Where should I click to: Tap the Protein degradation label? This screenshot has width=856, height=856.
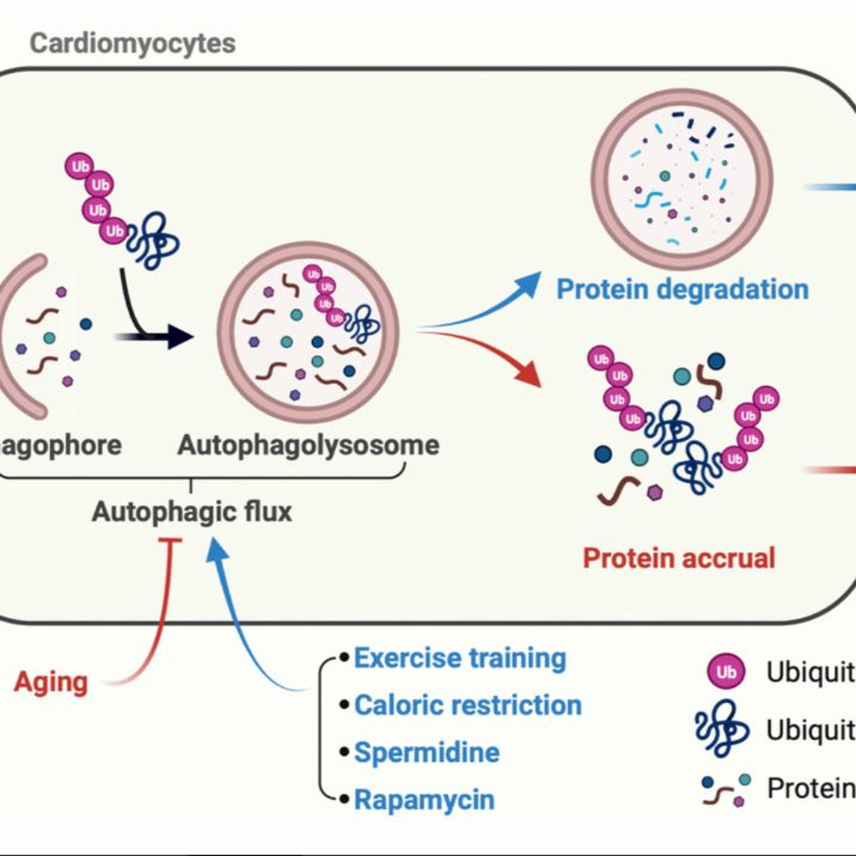click(x=682, y=289)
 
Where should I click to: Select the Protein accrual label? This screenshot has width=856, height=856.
click(x=679, y=558)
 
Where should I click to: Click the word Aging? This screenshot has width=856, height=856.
click(x=51, y=682)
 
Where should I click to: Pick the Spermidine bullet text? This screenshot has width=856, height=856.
click(x=427, y=752)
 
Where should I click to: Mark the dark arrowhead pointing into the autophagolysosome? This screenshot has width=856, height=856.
click(x=181, y=337)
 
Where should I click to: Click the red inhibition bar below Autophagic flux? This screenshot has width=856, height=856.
click(x=170, y=540)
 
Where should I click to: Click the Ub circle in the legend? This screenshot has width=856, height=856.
click(x=726, y=672)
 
